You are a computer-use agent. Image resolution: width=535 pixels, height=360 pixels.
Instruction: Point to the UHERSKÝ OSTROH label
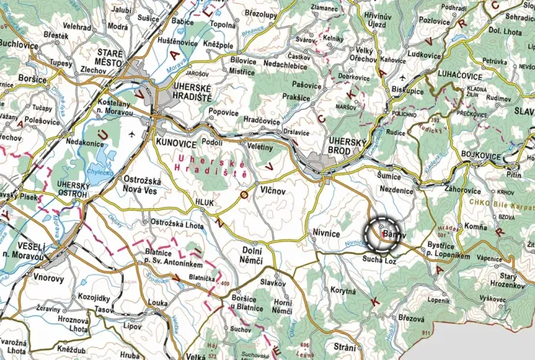tap(74, 189)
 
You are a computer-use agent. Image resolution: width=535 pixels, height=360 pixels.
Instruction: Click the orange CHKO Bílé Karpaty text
tap(499, 205)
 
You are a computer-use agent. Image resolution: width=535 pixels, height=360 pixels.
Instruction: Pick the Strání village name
tap(344, 347)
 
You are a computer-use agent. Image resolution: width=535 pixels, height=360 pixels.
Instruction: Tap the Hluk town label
tap(204, 202)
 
